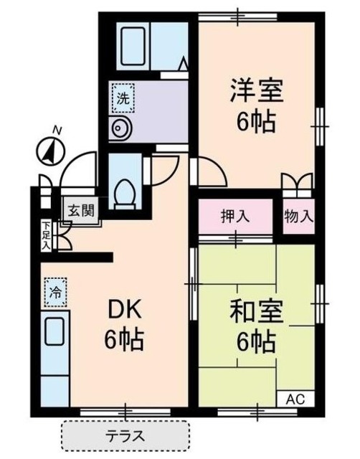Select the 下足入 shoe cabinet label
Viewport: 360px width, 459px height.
[x=45, y=235]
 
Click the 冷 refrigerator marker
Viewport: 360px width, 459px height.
[x=55, y=291]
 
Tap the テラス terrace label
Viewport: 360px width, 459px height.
[x=125, y=435]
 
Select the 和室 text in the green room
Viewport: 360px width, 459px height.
[x=257, y=313]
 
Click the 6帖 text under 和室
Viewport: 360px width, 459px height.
[x=257, y=342]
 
